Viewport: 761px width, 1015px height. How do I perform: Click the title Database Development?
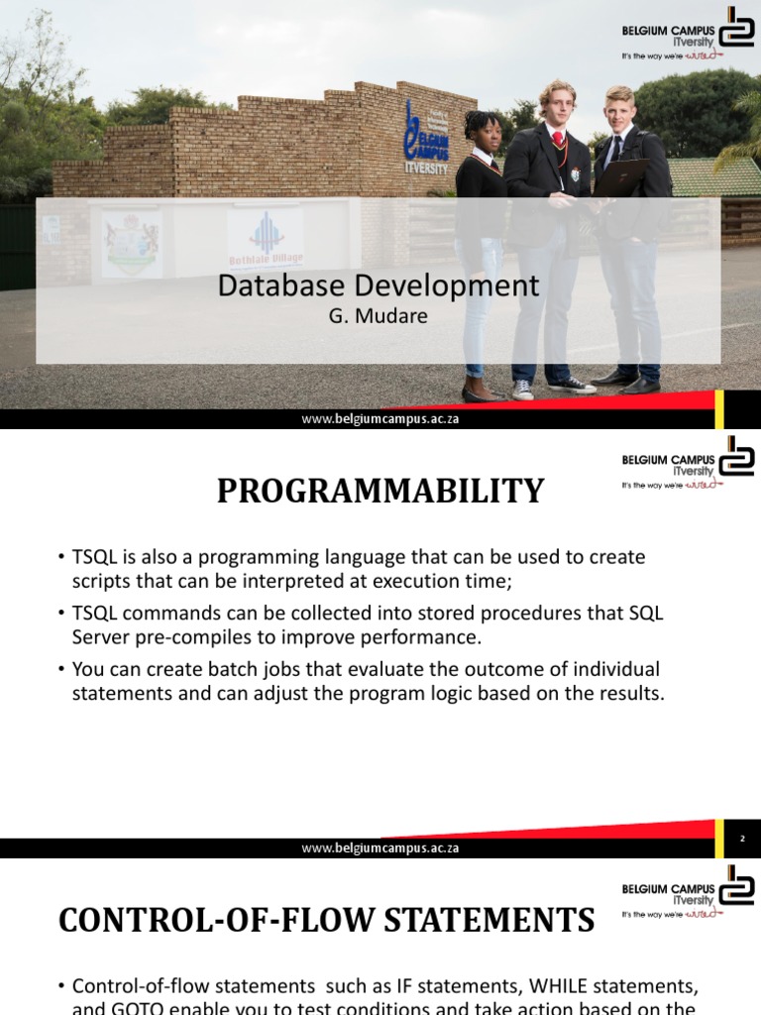pos(379,286)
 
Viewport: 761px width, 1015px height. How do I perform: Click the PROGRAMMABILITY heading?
pos(380,491)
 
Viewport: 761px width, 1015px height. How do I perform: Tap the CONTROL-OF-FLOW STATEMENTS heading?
pos(327,920)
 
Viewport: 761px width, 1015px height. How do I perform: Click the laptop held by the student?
pos(619,178)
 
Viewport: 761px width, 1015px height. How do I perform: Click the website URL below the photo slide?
pos(380,418)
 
